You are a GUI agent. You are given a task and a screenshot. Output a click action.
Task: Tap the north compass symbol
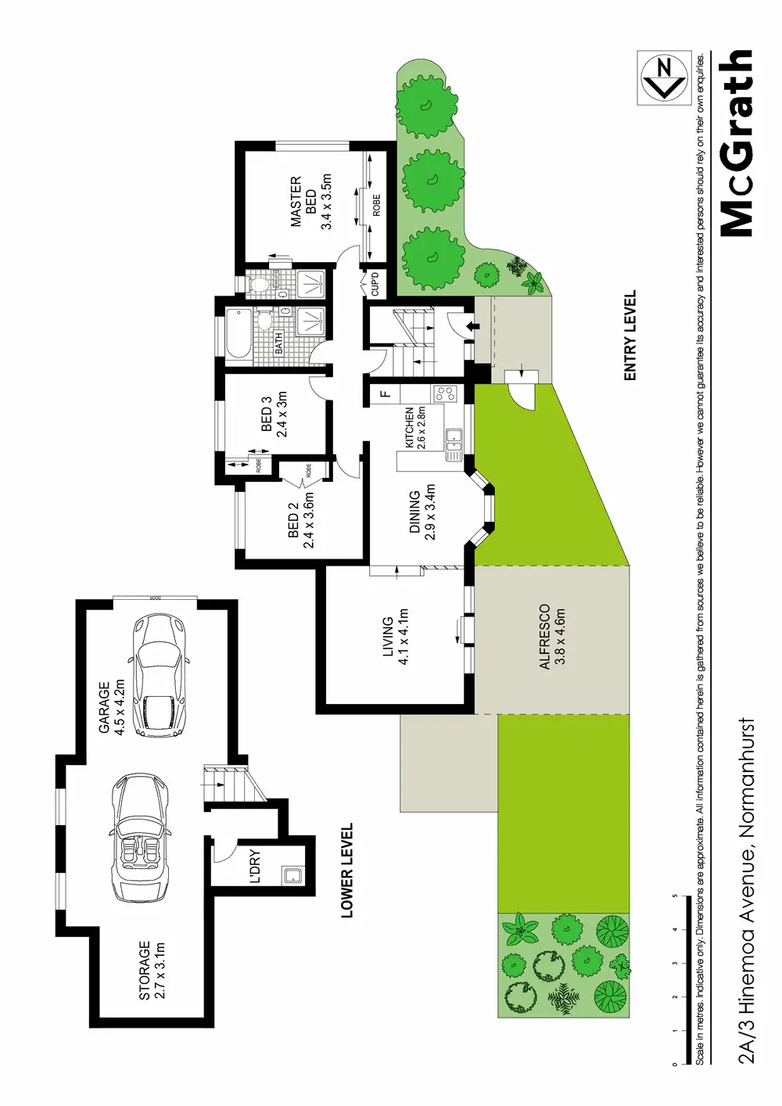pos(665,78)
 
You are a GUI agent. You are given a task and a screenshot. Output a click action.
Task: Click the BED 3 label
pos(274,415)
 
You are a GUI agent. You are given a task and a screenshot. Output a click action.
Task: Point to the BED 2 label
pos(300,519)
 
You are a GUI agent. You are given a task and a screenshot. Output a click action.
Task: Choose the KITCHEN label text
pos(414,427)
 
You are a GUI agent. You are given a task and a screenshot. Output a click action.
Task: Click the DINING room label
pos(422,512)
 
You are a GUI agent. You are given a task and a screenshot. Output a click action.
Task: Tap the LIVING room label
pos(395,637)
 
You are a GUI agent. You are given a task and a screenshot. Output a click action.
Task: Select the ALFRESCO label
pos(552,636)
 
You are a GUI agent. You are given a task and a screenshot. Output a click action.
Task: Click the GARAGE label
pos(111,707)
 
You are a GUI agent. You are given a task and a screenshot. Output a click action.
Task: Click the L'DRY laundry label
pos(255,867)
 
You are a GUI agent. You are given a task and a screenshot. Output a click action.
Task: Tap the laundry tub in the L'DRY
pos(293,875)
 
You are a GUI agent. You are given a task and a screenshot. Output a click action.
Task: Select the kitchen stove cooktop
pos(445,393)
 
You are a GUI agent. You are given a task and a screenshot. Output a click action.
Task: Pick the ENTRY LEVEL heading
pos(630,336)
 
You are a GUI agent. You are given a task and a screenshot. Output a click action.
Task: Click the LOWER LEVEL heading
pos(347,870)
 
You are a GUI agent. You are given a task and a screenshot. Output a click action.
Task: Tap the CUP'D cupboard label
pos(375,283)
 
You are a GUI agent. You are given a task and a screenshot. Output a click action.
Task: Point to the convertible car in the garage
pos(142,838)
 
